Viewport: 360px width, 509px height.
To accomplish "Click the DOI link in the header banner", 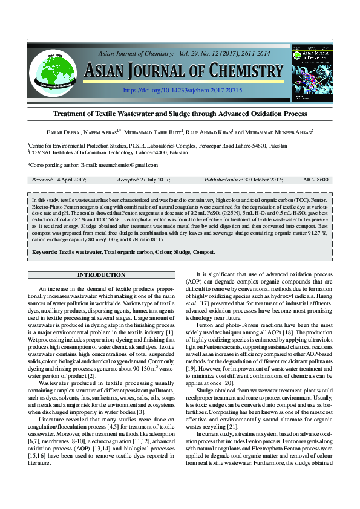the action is [x=182, y=90].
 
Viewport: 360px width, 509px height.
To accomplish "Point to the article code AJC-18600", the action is [x=315, y=180].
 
